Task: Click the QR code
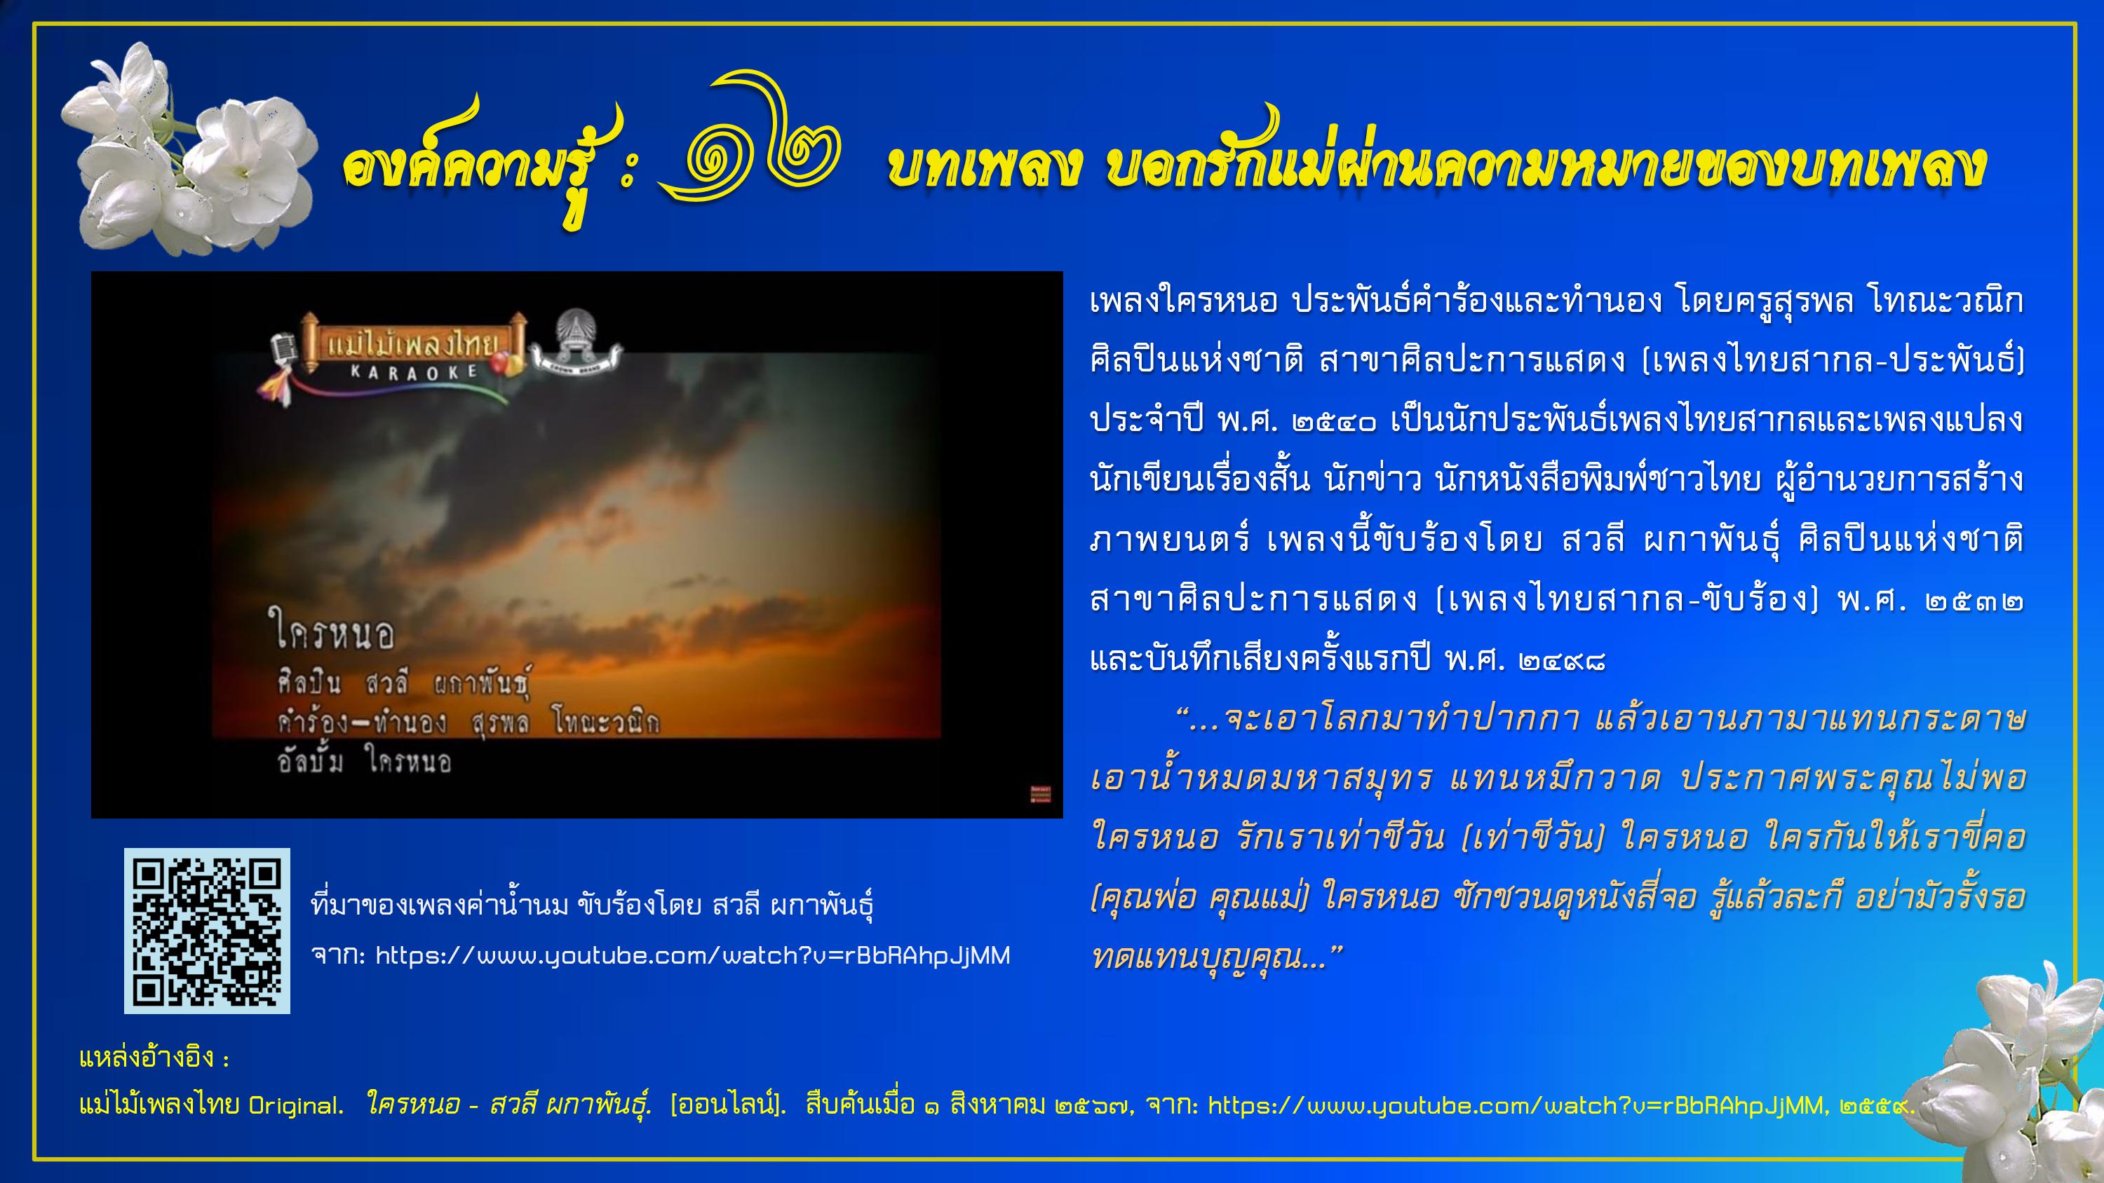[x=207, y=931]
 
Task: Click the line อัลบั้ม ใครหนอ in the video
[x=364, y=761]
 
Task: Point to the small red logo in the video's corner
[x=1041, y=793]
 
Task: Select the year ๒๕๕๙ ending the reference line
[x=1875, y=1106]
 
